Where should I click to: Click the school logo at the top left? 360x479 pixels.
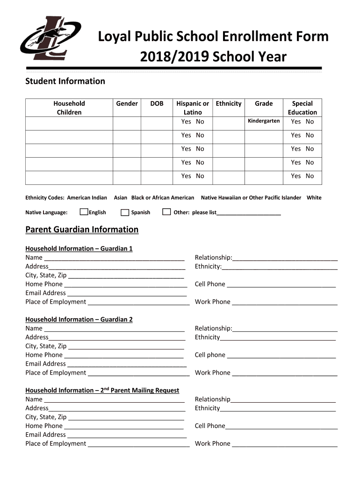[x=50, y=39]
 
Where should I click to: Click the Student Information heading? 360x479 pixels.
[x=65, y=81]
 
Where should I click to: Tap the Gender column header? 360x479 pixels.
[x=127, y=103]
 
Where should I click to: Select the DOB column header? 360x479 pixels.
[x=157, y=103]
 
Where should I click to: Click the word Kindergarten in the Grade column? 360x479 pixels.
[x=264, y=121]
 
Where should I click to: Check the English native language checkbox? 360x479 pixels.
[x=84, y=212]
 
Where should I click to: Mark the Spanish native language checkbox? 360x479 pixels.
[x=125, y=212]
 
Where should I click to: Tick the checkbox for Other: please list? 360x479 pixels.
[x=166, y=212]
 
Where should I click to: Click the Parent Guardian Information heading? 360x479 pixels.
[x=82, y=230]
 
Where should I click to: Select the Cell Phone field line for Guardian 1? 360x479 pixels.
[x=281, y=284]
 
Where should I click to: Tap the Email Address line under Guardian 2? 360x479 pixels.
[x=127, y=364]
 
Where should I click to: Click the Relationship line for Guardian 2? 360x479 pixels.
[x=285, y=329]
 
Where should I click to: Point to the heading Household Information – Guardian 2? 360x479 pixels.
[x=79, y=319]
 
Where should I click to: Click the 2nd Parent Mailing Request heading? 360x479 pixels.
[x=102, y=390]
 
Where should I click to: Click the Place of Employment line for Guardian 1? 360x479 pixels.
[x=138, y=302]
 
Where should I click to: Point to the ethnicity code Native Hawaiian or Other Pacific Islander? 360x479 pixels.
[x=251, y=198]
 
